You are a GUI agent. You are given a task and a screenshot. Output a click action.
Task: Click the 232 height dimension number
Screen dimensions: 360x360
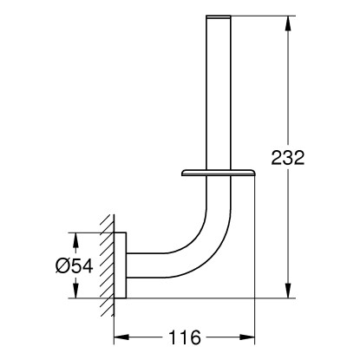[288, 158]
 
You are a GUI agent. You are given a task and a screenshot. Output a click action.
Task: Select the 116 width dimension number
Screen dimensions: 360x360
[185, 337]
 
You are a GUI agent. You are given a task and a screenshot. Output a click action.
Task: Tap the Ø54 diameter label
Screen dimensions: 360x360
[75, 265]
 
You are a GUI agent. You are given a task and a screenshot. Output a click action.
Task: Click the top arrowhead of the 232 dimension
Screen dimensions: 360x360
[288, 23]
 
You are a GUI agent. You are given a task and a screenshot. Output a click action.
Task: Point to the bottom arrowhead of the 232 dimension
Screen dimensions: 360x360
[288, 290]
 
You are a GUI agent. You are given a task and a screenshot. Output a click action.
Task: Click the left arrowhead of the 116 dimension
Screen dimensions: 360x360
[121, 337]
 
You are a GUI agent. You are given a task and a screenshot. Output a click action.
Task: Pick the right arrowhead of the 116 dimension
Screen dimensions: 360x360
[247, 337]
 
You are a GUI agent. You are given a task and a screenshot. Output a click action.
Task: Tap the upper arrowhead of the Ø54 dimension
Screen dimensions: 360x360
[75, 240]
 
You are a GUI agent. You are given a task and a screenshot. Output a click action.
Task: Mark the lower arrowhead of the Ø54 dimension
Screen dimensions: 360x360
[75, 290]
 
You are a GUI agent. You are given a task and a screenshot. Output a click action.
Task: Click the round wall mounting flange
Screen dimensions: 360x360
[121, 265]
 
